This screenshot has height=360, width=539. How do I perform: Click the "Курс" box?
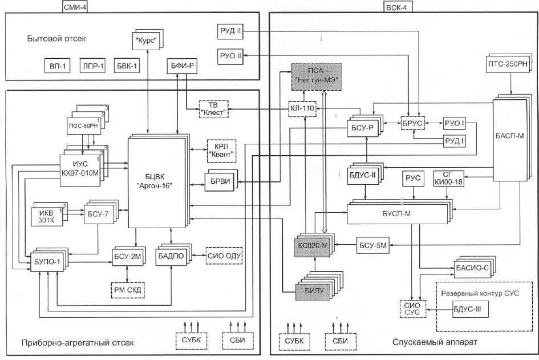147,41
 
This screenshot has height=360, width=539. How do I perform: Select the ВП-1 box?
56,66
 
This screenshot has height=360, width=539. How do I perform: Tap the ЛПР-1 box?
92,66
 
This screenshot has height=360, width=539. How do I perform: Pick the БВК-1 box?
127,66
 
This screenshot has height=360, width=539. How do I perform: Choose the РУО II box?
230,56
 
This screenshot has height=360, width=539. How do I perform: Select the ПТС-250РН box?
510,64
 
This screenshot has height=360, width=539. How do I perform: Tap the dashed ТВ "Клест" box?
213,108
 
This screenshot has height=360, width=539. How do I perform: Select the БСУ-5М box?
373,245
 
